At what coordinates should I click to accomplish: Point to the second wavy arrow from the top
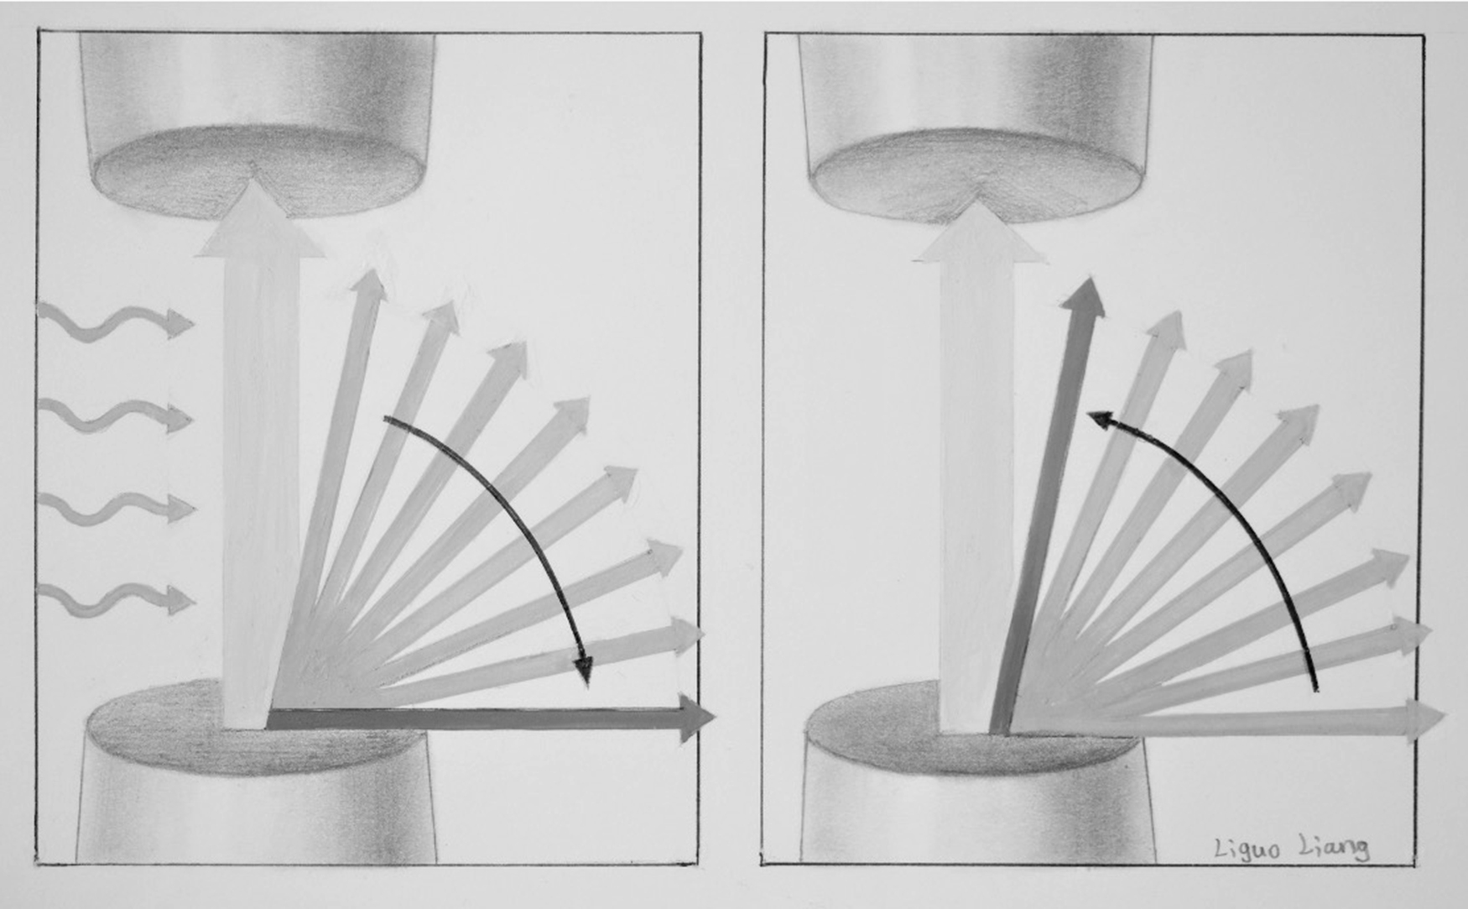[x=116, y=416]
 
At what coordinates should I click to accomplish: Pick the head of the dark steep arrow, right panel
[x=1084, y=297]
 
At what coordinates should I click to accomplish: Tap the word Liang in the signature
[x=1335, y=848]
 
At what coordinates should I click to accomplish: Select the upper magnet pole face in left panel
[x=257, y=172]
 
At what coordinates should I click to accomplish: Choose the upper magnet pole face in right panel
[x=977, y=178]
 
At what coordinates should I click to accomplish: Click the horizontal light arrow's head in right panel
[x=1424, y=720]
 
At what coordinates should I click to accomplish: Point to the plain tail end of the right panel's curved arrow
[x=1316, y=691]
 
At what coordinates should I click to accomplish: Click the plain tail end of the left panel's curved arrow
[x=385, y=417]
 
